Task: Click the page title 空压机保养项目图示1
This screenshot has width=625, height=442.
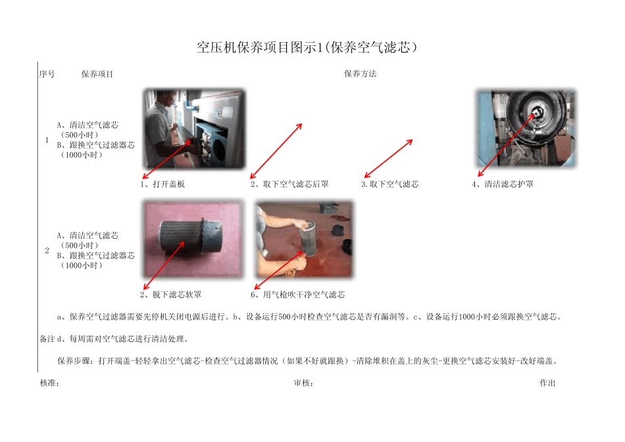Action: (308, 47)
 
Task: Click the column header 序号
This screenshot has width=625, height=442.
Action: (47, 74)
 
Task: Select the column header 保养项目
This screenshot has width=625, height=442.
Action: (97, 74)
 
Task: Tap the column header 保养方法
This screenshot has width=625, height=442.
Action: (360, 74)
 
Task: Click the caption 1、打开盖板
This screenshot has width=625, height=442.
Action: (162, 184)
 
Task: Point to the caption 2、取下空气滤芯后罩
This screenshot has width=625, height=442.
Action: (289, 184)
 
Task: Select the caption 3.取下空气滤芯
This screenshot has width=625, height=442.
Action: (390, 184)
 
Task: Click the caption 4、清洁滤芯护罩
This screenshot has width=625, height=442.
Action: (503, 184)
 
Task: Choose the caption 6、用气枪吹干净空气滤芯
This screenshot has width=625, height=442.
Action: (297, 295)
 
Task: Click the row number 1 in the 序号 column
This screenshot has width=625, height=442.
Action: (47, 140)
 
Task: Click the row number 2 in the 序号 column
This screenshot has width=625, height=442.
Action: (47, 251)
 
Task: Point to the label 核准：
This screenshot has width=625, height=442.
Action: (50, 383)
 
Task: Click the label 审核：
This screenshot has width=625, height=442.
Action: (303, 383)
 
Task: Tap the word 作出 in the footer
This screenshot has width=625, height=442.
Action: (547, 383)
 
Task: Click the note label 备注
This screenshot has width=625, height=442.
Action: (47, 339)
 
